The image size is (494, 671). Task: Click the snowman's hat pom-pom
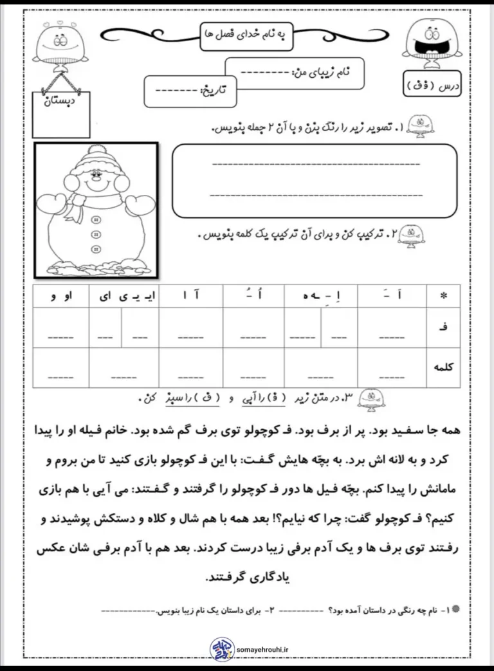pos(96,152)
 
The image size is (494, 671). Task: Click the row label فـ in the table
pos(443,327)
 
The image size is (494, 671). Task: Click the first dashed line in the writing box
pos(315,163)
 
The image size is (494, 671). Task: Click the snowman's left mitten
pos(49,204)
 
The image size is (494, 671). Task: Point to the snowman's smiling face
pos(96,178)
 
